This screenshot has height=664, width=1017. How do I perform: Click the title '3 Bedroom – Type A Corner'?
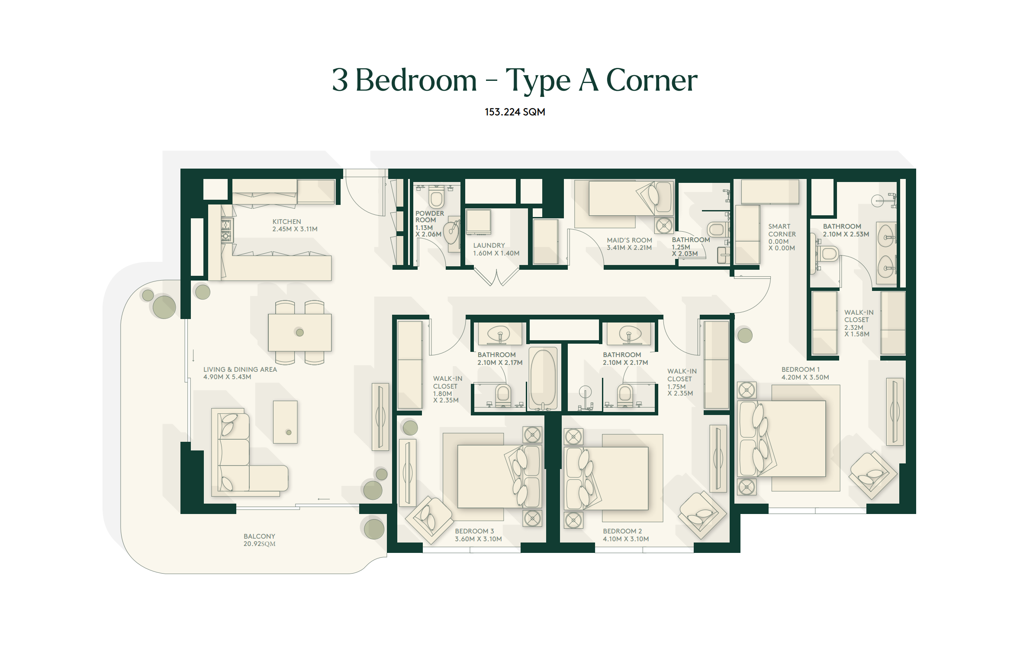(x=515, y=80)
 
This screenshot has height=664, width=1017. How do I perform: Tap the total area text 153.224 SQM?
(x=515, y=112)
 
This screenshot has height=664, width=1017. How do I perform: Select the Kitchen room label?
(x=295, y=225)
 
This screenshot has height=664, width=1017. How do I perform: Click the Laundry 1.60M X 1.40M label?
(x=496, y=249)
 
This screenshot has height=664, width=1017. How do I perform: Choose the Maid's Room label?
(x=629, y=244)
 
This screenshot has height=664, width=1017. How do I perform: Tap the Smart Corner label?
(x=782, y=237)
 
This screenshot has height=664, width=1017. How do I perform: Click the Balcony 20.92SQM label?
(x=259, y=540)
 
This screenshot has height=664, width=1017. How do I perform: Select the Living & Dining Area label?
(x=240, y=373)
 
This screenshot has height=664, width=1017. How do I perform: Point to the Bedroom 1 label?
(x=805, y=373)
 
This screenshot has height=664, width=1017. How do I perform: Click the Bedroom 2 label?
(x=626, y=535)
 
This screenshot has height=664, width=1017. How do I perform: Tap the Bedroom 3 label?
(x=478, y=535)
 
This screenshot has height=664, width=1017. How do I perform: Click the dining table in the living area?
(x=299, y=332)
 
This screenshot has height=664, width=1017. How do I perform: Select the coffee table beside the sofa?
(x=285, y=422)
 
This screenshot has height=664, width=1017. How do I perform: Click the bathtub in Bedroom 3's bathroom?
(x=543, y=379)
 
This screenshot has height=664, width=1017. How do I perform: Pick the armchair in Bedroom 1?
(x=873, y=475)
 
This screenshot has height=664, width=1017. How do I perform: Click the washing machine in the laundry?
(x=478, y=222)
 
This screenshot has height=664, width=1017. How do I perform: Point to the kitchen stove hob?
(x=226, y=230)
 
